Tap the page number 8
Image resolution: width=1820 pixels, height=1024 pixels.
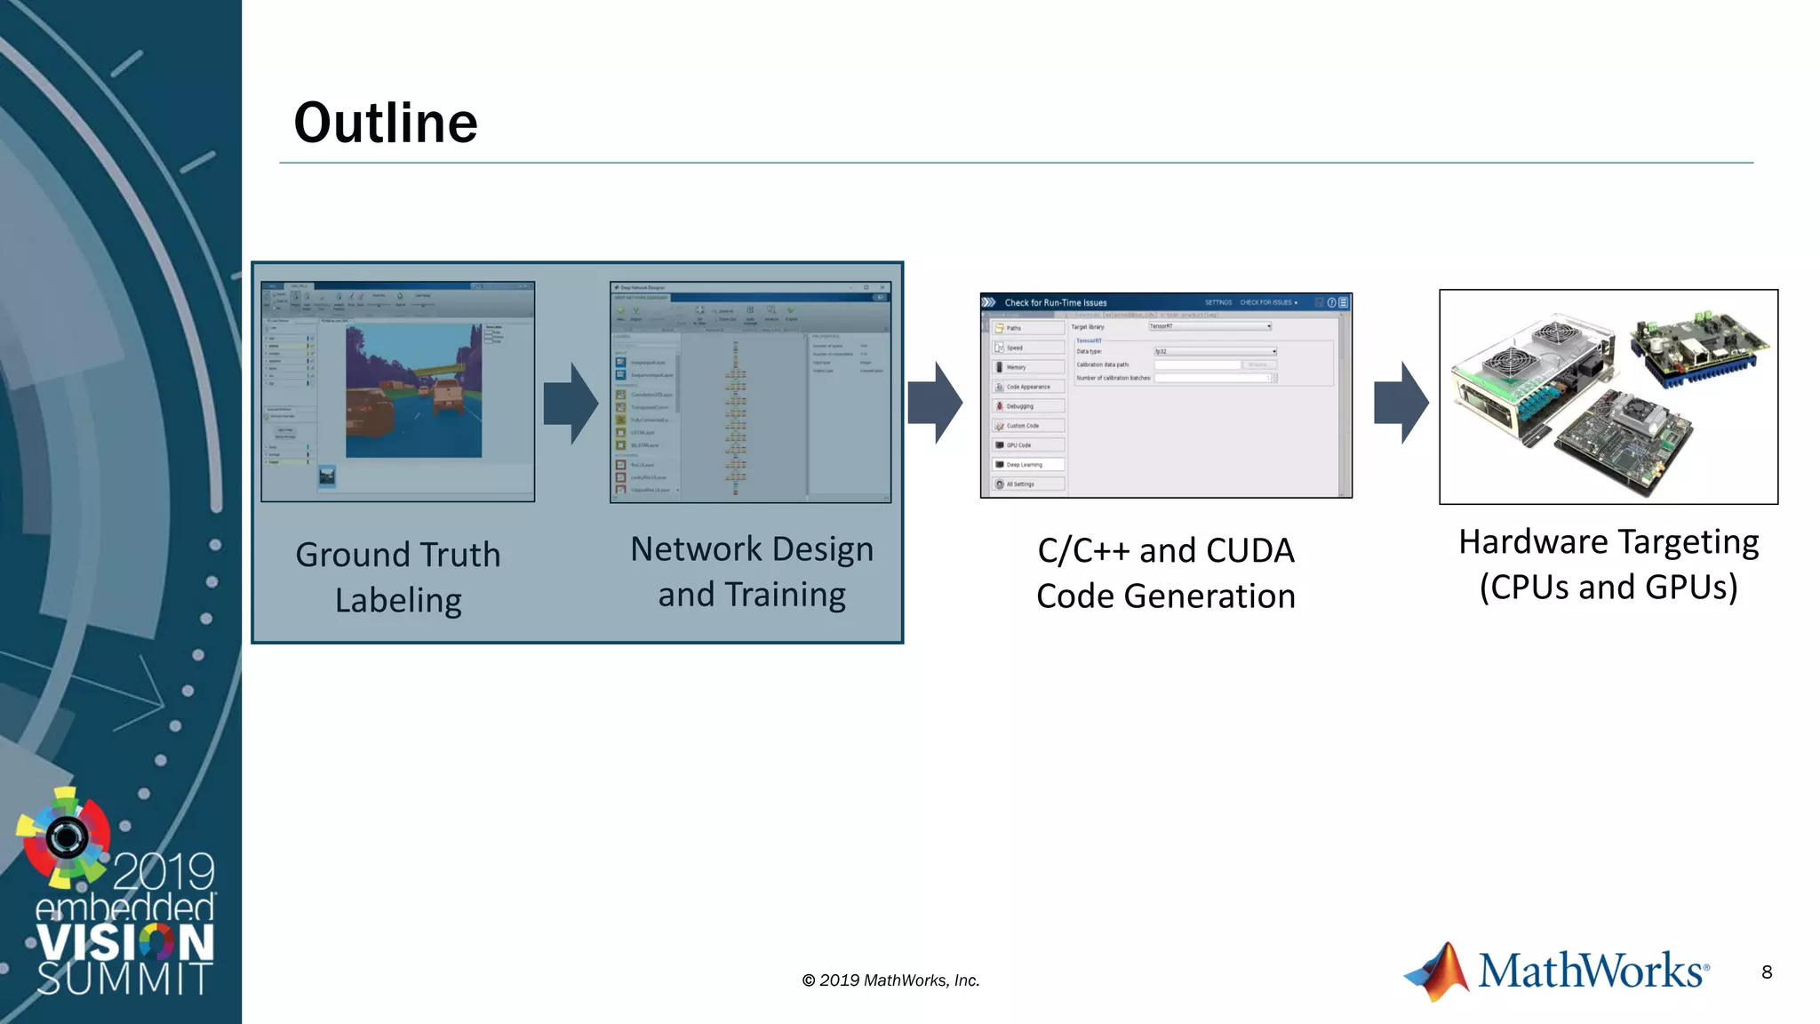pos(1767,972)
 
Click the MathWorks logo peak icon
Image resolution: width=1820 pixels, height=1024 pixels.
pos(1439,972)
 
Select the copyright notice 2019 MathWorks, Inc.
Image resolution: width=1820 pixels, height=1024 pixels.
pos(890,980)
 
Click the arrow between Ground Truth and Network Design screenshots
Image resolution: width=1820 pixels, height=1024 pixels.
pos(571,403)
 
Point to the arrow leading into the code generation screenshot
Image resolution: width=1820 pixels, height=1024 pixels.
pos(935,403)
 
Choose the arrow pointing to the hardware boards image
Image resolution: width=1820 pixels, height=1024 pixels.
pos(1401,403)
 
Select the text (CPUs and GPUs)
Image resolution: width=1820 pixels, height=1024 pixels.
pos(1608,588)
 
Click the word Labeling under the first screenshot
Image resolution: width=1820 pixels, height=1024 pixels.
pos(398,601)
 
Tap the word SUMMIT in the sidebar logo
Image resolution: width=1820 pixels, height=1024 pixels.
pos(124,979)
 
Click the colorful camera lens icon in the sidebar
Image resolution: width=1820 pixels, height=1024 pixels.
pos(66,836)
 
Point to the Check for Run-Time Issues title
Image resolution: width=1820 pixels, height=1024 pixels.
pos(1056,303)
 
